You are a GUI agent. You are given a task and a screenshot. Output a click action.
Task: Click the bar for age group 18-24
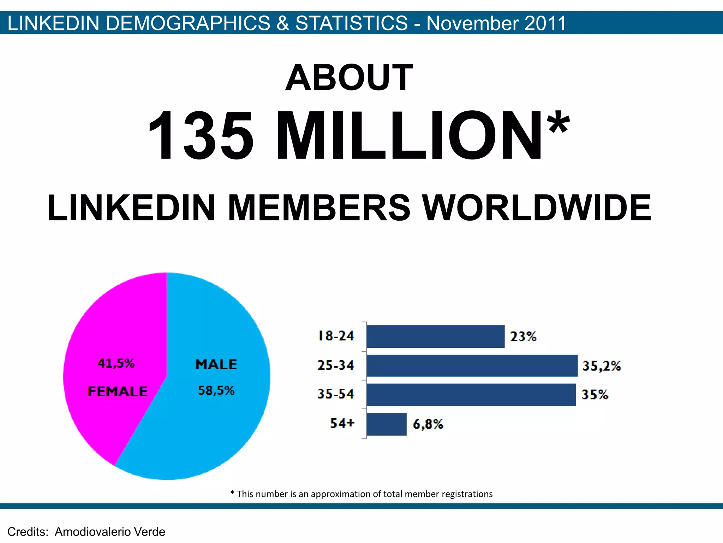pos(435,337)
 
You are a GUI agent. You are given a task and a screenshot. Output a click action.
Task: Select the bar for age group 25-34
pos(472,366)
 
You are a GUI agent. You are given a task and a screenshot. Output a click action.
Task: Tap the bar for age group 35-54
pos(471,395)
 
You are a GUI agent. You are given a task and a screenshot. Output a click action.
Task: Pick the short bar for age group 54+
pos(387,424)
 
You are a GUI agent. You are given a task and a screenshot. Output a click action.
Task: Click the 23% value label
pos(523,337)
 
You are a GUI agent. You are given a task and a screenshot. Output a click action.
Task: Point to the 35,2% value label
pos(601,366)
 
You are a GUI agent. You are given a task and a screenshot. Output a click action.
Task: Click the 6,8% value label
pos(428,424)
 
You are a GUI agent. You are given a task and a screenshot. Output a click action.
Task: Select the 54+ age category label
pos(342,423)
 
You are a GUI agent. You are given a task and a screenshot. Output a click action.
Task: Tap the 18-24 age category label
pos(336,336)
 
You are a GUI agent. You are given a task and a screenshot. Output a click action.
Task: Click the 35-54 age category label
pos(335,394)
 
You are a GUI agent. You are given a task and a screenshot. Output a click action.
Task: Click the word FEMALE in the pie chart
pos(117,392)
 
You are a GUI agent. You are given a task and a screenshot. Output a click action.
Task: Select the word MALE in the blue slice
pos(216,364)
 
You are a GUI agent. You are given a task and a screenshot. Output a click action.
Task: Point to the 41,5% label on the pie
pos(116,363)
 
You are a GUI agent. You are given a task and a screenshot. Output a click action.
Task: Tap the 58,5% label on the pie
pos(216,391)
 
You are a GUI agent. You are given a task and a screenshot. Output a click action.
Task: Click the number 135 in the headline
pos(201,136)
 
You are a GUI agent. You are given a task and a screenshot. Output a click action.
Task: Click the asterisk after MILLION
pos(558,122)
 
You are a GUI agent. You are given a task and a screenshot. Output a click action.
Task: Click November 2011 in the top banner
pos(496,23)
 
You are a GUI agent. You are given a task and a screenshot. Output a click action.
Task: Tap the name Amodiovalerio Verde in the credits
pos(110,532)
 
